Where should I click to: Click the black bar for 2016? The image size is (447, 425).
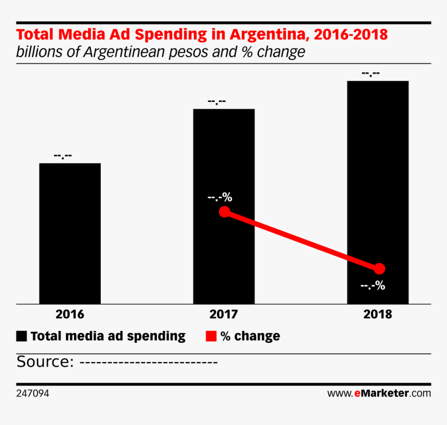(x=70, y=234)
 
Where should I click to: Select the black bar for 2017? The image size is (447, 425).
(x=224, y=207)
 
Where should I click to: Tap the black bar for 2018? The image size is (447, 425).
(x=378, y=192)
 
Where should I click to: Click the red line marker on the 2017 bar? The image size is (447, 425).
(x=225, y=212)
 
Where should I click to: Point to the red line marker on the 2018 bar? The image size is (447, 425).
(x=379, y=268)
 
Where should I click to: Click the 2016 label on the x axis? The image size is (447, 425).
(x=70, y=314)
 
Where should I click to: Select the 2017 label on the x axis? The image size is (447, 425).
(x=224, y=314)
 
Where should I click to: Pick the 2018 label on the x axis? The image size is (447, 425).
(x=378, y=314)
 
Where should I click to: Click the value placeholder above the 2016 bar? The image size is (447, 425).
(x=63, y=156)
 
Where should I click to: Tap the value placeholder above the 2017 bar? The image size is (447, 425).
(x=217, y=101)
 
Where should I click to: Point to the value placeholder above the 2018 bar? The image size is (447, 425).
(x=371, y=73)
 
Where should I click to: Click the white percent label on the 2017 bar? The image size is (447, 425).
(x=220, y=197)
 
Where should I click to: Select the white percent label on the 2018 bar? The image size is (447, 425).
(x=373, y=285)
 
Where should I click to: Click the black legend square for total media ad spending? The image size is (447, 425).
(x=21, y=336)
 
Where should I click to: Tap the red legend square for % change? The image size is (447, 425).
(x=211, y=336)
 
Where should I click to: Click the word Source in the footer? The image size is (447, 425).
(x=43, y=362)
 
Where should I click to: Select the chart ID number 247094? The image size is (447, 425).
(x=33, y=393)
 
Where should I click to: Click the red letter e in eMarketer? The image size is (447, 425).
(x=358, y=394)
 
